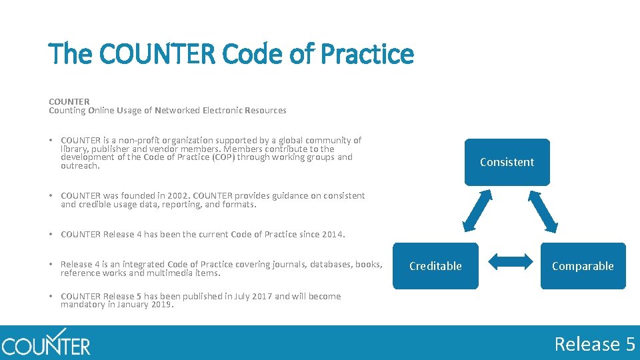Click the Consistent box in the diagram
tap(507, 162)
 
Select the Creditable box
tap(435, 266)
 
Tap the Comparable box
tap(583, 266)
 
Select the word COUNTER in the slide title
tap(156, 54)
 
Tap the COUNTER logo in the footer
tap(45, 343)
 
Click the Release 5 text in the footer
tap(595, 344)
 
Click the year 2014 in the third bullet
tap(331, 234)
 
